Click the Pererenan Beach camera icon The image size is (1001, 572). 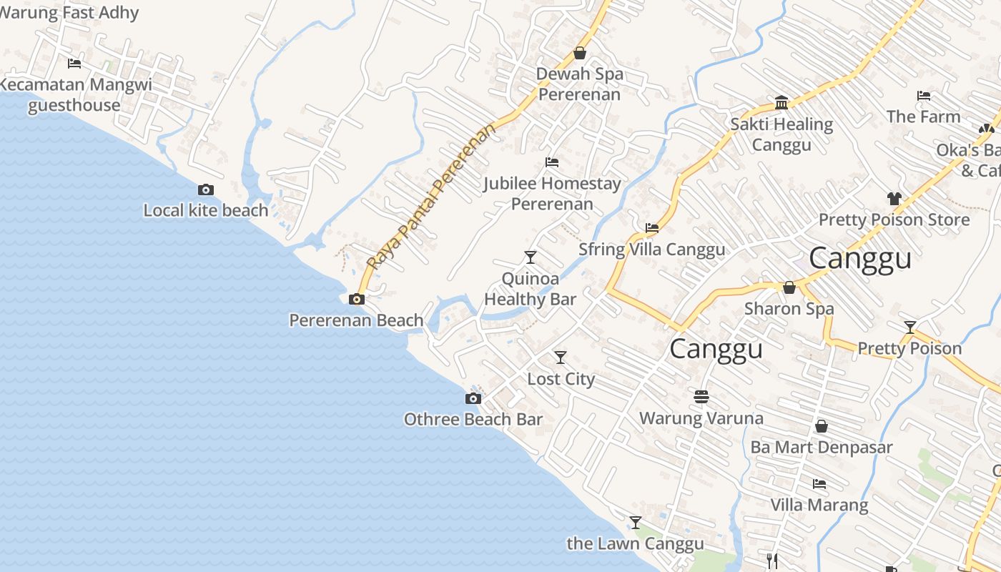pos(356,299)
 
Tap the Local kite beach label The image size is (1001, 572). pos(206,210)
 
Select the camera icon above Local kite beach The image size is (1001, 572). pos(206,189)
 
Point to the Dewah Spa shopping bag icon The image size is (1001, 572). pos(580,53)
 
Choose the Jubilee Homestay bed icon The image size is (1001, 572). pos(551,162)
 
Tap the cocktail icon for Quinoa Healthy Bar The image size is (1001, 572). pos(530,257)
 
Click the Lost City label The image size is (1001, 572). pos(561,378)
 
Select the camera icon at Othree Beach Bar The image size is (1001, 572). pos(473,398)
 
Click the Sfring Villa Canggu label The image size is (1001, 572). pos(651,249)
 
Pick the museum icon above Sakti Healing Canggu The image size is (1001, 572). pos(781,103)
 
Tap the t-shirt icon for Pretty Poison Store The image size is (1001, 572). pos(894,198)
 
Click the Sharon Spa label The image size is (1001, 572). pos(789,309)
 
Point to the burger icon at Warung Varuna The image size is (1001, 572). pos(701,396)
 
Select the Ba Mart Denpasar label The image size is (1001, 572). pos(822,448)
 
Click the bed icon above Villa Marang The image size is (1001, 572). pos(819,484)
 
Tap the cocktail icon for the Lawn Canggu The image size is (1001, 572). pos(635,523)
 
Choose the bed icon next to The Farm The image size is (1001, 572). pos(924,96)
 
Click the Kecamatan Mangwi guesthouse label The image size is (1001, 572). pos(75,95)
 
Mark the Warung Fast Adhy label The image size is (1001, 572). pos(70,12)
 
